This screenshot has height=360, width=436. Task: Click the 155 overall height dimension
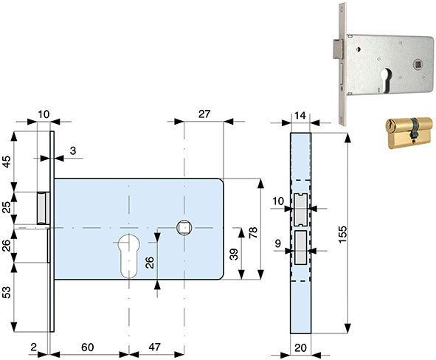coord(343,235)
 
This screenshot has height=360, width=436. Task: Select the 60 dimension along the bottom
coord(88,347)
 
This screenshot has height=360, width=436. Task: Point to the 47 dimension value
coord(155,347)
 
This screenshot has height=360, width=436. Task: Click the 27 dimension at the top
coord(204,114)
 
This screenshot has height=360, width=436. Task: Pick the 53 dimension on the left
coord(6,292)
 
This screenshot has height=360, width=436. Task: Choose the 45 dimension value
coord(6,162)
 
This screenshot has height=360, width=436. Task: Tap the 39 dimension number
coord(234,254)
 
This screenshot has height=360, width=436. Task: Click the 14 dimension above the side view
coord(300,115)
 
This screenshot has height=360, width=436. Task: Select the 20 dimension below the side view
coord(300,347)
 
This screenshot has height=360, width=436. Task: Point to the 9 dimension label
coord(278,243)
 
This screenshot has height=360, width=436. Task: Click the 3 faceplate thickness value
coord(73,151)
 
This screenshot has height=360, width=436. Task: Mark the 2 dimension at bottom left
coord(33,347)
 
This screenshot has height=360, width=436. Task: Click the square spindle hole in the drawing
coord(184,228)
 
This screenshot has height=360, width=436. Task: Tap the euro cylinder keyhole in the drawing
coord(129,256)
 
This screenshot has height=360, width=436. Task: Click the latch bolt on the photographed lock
coord(338,49)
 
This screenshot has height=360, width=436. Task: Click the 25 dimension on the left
coord(6,207)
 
